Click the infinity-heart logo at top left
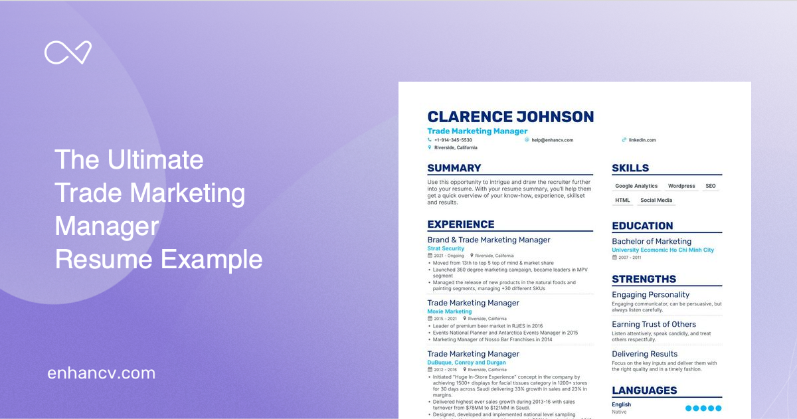pos(68,52)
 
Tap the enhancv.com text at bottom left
pos(101,373)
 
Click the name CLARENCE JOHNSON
pos(510,118)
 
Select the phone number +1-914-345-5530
pos(453,140)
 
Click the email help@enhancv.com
pos(552,140)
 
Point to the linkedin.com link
pos(642,140)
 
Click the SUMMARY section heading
pos(454,168)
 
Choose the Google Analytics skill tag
pos(636,186)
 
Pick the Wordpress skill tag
pos(681,186)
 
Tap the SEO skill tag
pos(711,186)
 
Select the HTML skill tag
pos(623,200)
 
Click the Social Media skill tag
pos(656,200)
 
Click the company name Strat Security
pos(446,248)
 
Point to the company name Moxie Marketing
pos(450,311)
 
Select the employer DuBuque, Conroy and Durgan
pos(466,363)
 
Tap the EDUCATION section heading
pos(642,226)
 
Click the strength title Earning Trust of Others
pos(654,325)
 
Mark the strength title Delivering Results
pos(644,354)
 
